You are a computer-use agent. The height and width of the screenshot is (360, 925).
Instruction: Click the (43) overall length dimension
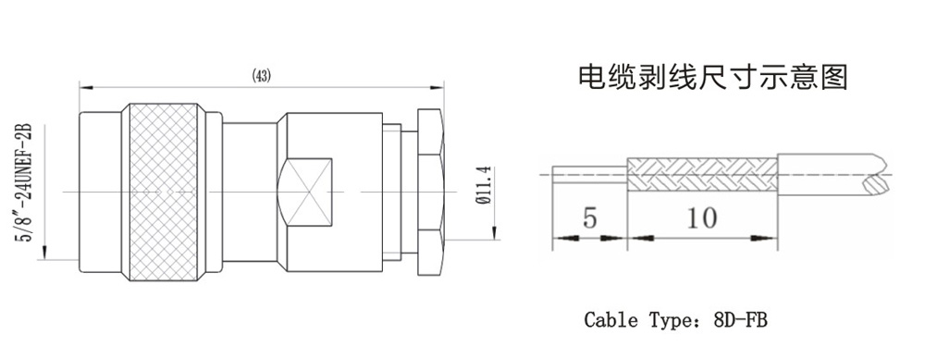[x=262, y=76]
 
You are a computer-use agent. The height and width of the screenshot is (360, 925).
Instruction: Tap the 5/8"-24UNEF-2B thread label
[x=26, y=182]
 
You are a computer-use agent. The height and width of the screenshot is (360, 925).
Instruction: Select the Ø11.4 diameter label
[x=484, y=185]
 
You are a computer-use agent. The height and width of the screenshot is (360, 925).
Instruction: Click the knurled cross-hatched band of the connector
[x=164, y=192]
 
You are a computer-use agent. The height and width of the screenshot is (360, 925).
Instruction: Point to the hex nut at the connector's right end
[x=429, y=192]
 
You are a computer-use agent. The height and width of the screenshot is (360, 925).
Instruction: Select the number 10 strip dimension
[x=702, y=217]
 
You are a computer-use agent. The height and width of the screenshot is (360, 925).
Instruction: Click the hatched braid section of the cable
[x=702, y=174]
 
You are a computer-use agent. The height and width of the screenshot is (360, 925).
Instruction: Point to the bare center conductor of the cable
[x=589, y=174]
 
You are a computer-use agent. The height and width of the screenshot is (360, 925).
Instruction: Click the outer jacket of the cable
[x=832, y=174]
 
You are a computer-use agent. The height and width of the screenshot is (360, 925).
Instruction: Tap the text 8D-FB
[x=740, y=320]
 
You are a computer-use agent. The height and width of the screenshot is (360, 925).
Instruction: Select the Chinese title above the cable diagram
[x=712, y=77]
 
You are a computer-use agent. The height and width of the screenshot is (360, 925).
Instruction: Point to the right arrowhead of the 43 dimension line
[x=437, y=88]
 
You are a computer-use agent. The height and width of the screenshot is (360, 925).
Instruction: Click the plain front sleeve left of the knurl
[x=101, y=192]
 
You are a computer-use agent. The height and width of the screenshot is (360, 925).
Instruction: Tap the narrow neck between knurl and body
[x=250, y=192]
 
